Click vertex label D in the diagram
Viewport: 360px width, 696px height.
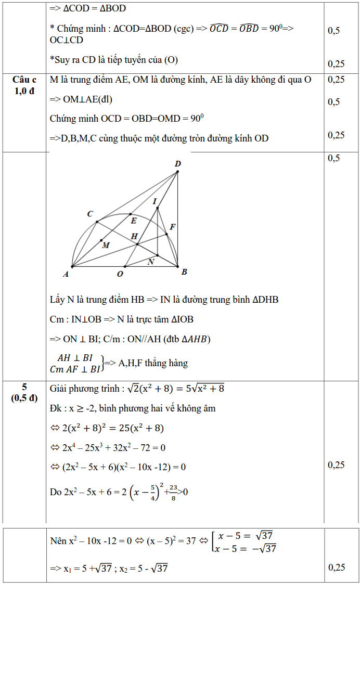(x=178, y=164)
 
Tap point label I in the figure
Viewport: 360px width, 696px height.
(x=155, y=201)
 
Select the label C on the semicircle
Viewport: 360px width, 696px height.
(x=90, y=214)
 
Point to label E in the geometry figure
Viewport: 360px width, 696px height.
(x=133, y=221)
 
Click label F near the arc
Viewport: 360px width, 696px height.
(x=172, y=227)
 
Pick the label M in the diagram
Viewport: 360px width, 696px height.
(x=106, y=245)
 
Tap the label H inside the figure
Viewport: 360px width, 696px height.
(x=134, y=236)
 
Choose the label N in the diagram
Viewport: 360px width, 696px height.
(x=151, y=262)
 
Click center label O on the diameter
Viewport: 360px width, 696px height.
(x=120, y=274)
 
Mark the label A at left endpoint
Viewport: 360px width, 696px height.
(x=66, y=274)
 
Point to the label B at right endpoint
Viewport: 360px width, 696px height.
(x=184, y=272)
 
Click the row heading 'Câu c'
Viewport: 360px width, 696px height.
(x=24, y=80)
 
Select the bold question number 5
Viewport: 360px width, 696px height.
(x=24, y=387)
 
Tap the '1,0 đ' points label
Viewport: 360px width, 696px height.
(x=24, y=91)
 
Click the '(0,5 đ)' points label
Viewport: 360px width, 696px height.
(x=24, y=398)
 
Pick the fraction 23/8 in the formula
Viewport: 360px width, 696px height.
(x=173, y=492)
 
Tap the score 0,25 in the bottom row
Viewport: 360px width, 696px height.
(x=337, y=567)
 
